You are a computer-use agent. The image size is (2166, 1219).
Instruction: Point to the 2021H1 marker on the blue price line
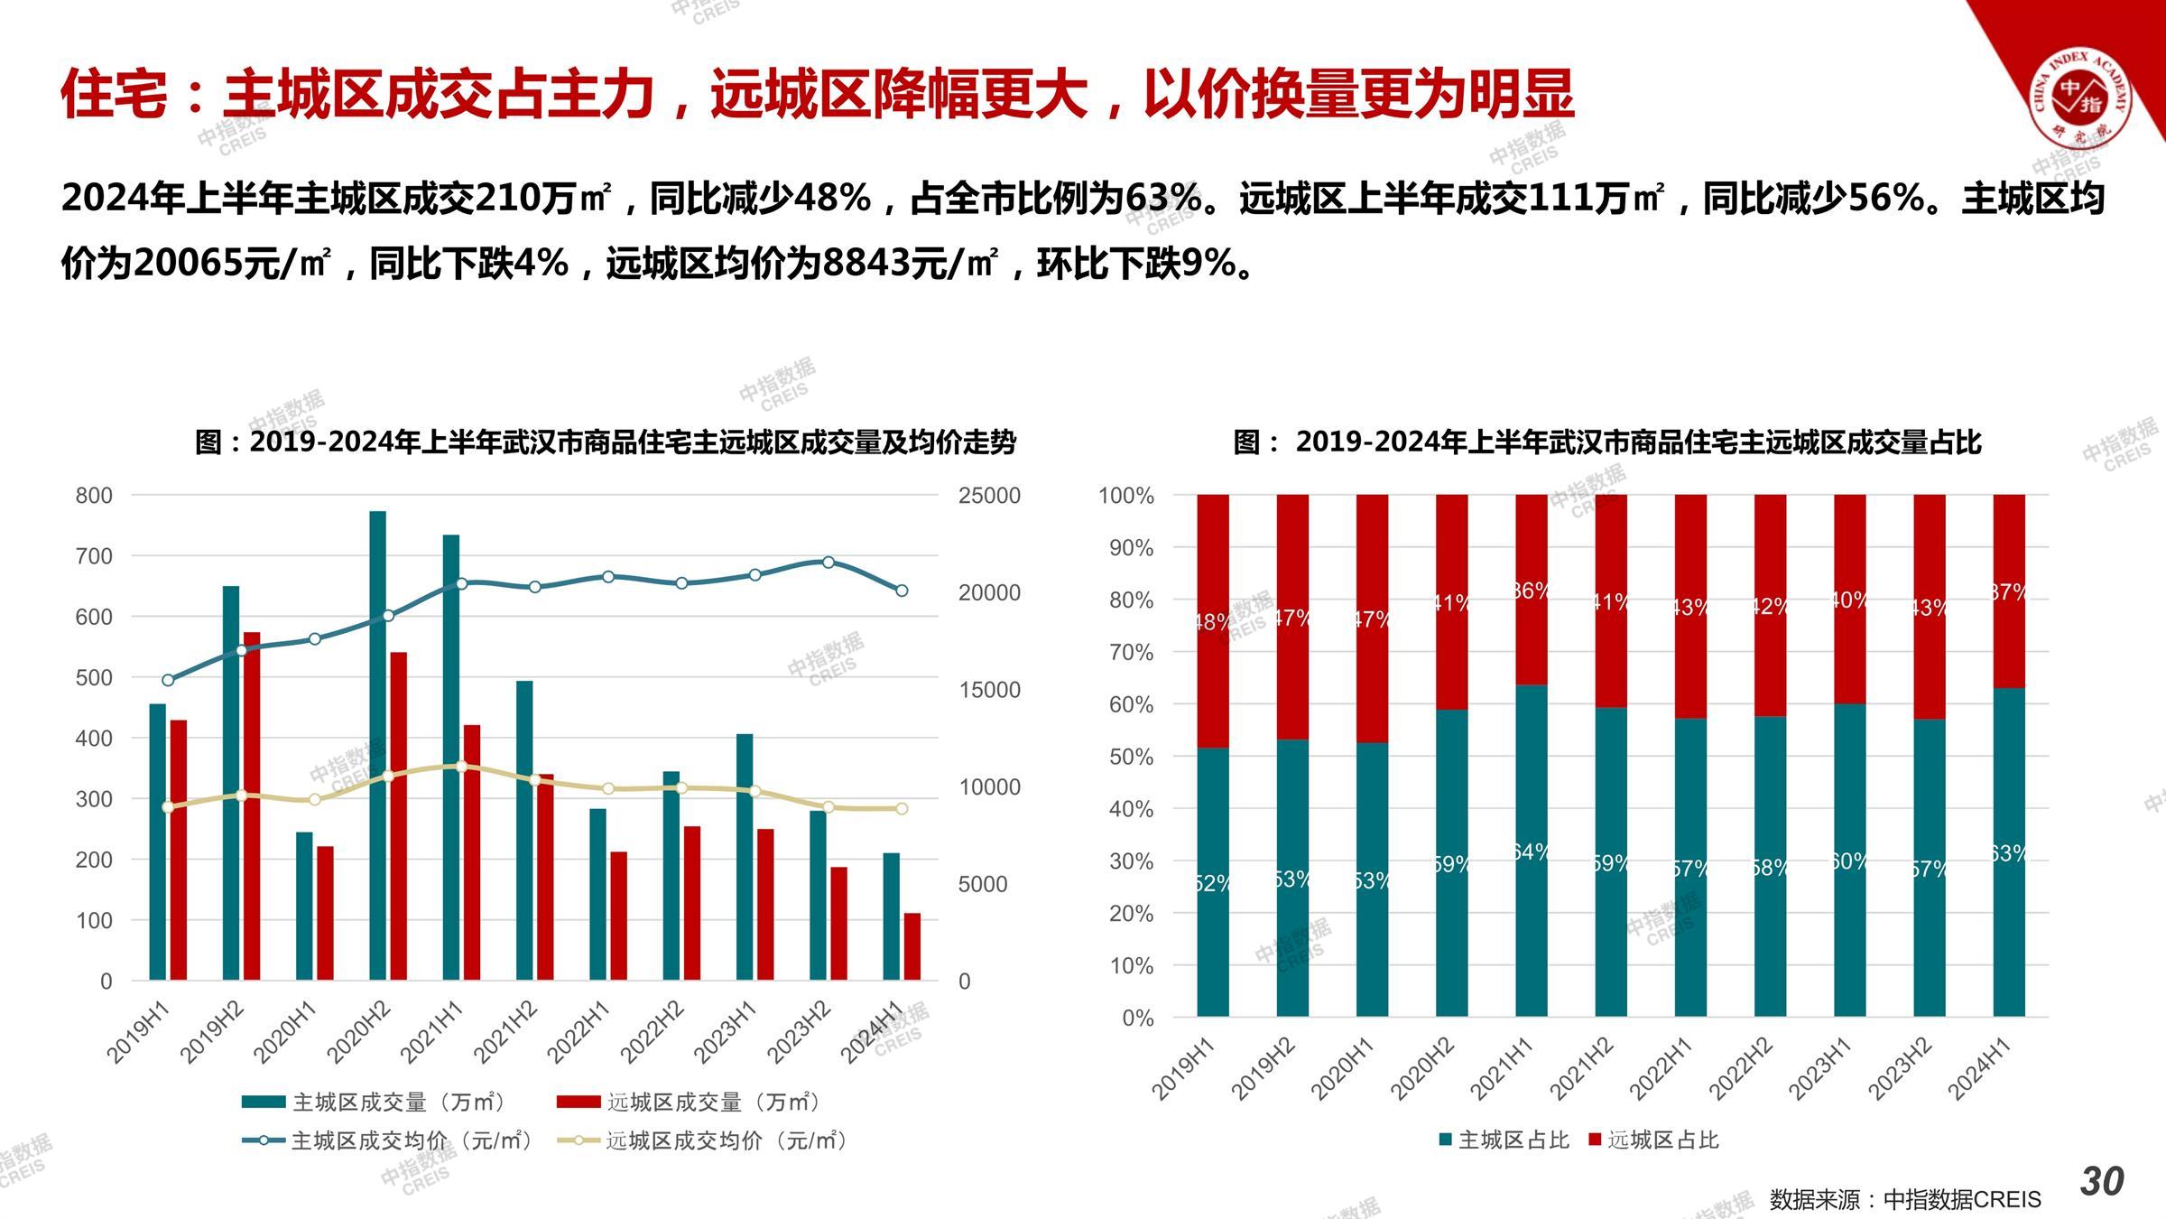pos(461,584)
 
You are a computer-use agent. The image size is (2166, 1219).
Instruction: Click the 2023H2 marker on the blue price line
pos(828,563)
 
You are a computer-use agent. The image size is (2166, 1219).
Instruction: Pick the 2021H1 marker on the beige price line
pos(461,767)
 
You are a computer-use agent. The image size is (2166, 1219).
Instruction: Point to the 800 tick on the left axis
pos(95,495)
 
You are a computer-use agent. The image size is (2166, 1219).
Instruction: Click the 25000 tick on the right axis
pos(989,495)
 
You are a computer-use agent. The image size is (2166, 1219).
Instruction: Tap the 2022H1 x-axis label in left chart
pos(579,1034)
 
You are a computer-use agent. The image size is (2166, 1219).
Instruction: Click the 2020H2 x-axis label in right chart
pos(1423,1069)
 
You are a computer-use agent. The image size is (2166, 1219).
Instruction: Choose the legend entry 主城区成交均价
pos(388,1140)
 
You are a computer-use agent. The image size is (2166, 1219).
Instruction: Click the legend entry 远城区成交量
pos(690,1102)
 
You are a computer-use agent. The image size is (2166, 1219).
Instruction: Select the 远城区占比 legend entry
pos(1653,1140)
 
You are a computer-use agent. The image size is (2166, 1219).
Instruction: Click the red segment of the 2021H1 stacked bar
pos(1532,590)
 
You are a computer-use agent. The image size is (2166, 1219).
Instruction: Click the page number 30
pos(2102,1181)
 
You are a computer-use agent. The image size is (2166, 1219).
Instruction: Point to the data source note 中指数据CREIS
pos(1904,1199)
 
